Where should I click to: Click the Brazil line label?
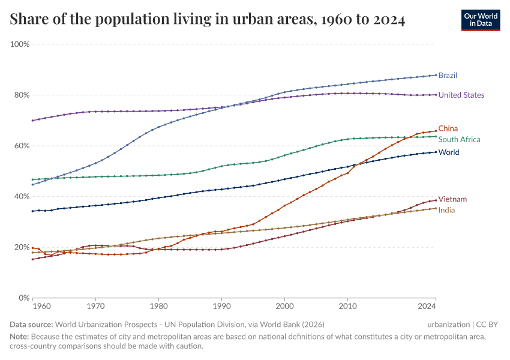[448, 76]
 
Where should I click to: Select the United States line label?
[461, 95]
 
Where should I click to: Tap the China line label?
[448, 128]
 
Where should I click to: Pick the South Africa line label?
[459, 139]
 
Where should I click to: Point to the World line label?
[449, 152]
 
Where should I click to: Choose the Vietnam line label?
[452, 199]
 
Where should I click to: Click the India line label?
[446, 210]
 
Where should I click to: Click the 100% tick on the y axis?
[20, 44]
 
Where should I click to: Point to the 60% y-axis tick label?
[22, 146]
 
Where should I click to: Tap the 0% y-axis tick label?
[24, 298]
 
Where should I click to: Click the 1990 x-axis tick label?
[221, 307]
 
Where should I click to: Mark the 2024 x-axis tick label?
[427, 307]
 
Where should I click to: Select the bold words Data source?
[31, 324]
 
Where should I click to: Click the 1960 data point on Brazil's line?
[33, 184]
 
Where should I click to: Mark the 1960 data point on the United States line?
[33, 121]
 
